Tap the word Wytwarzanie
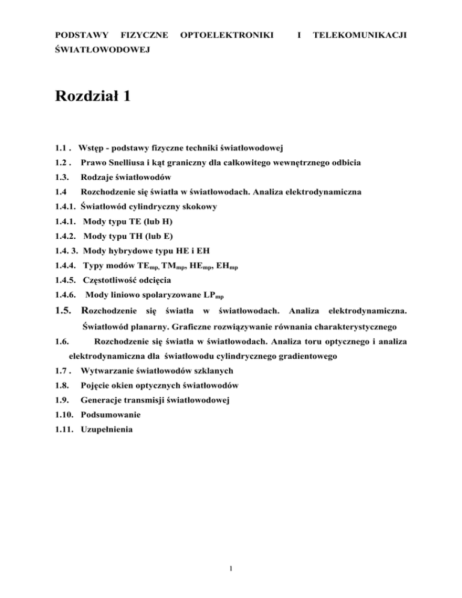(x=110, y=371)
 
